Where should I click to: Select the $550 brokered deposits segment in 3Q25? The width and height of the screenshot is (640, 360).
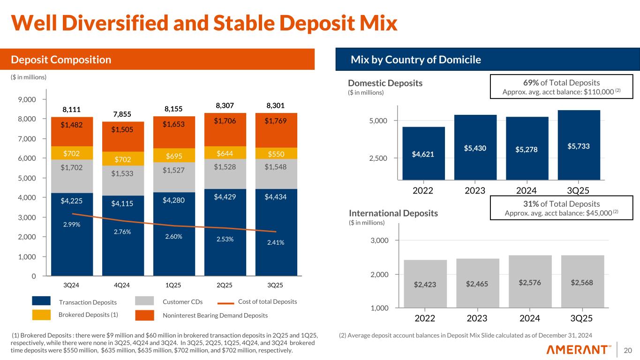click(276, 153)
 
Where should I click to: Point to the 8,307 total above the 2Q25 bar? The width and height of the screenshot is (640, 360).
click(225, 106)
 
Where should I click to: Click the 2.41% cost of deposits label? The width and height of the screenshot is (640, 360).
click(276, 243)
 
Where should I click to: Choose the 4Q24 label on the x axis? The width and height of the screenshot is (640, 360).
click(122, 285)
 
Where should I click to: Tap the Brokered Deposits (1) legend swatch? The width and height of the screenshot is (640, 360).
click(41, 315)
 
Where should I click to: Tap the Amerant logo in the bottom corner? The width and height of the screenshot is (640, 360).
click(579, 350)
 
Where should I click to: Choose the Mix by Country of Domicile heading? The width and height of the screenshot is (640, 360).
click(416, 60)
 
